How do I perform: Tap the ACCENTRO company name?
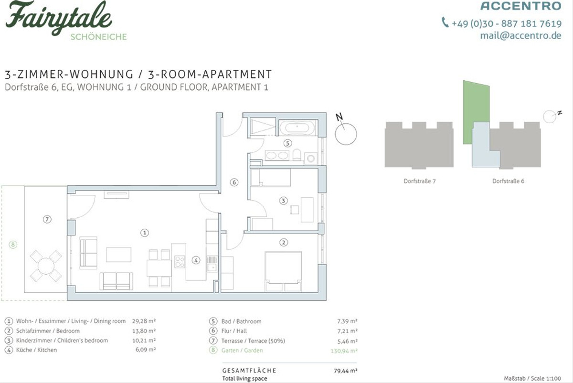pos(521,6)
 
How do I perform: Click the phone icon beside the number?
pos(445,22)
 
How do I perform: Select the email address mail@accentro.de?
pos(520,35)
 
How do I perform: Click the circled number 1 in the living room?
pos(145,233)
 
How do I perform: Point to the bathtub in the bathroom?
pos(297,128)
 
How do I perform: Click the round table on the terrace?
pos(46,266)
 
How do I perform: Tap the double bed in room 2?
pos(283,271)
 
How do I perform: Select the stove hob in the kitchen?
pos(180,262)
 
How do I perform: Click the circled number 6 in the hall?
pos(234,182)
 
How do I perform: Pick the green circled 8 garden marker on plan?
pos(13,245)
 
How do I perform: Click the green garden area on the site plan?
pos(476,113)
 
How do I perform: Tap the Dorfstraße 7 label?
pos(420,181)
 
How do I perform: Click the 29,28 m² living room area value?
pos(144,321)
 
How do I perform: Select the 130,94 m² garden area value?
pos(344,351)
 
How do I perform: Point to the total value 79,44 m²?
pos(345,371)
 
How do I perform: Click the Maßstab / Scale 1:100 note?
pos(532,378)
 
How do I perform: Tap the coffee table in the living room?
pos(119,255)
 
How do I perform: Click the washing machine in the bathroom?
pos(311,159)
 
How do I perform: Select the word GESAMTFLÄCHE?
pos(249,371)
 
